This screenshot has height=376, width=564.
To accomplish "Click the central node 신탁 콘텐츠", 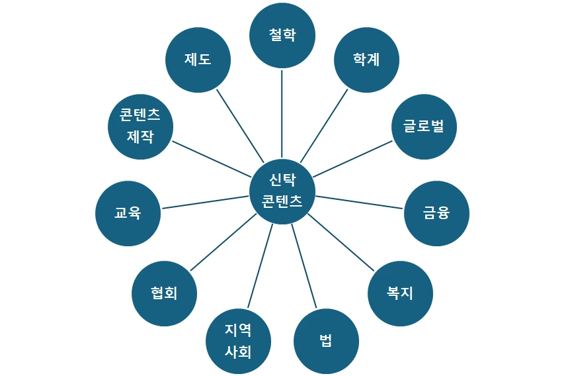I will click(282, 191).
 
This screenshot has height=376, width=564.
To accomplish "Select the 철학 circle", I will click(282, 36).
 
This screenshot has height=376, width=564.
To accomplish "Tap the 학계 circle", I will click(367, 60).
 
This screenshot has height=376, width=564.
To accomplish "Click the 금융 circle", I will click(436, 213).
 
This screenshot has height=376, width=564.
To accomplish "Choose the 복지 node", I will click(400, 293).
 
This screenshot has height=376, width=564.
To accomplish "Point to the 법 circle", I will click(326, 342).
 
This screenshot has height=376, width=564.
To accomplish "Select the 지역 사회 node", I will click(239, 341).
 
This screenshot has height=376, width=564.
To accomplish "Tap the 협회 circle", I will click(164, 293).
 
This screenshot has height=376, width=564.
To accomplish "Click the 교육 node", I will click(128, 213).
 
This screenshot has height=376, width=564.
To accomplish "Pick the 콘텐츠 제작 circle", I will click(140, 126).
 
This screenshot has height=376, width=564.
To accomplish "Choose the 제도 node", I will click(198, 60).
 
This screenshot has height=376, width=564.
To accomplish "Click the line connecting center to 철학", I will click(282, 113).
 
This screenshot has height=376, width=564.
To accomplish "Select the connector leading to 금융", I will click(359, 203).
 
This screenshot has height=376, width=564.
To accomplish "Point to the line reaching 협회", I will click(223, 242).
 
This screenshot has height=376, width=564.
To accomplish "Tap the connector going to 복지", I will click(341, 242).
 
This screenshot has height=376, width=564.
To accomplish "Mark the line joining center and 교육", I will click(205, 203).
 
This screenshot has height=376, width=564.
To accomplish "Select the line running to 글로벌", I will click(353, 159).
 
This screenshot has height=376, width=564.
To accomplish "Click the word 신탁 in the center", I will click(282, 180).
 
